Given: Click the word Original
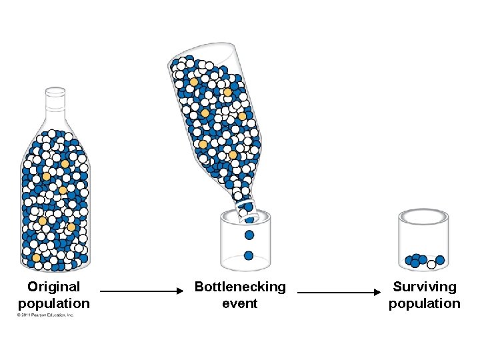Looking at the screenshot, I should (53, 287).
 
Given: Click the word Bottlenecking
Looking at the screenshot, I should (240, 287).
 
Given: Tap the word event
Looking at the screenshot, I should (240, 304).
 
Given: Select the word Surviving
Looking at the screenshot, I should (425, 287).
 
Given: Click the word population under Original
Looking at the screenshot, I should (53, 304).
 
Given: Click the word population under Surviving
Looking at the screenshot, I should (425, 304).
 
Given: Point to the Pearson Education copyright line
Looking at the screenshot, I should (45, 315).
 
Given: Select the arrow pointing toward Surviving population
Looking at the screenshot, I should (335, 291).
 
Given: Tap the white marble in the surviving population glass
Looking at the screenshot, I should (431, 265).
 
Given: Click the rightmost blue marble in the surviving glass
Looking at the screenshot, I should (440, 259).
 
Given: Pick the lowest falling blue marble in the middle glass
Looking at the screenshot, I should (249, 255).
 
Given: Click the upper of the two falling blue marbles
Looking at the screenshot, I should (249, 235).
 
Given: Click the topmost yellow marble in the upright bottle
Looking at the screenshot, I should (65, 163).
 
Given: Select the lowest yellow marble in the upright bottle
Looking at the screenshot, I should (36, 257).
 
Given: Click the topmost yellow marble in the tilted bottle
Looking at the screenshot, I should (193, 82).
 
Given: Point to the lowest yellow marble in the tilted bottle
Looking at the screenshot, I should (233, 155).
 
